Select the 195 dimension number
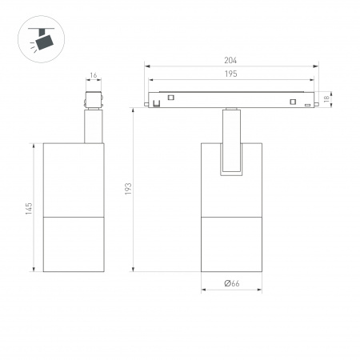[230, 74]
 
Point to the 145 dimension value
[29, 207]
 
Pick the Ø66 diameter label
[232, 283]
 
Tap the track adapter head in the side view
[94, 100]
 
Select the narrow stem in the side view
[94, 126]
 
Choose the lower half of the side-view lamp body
[73, 244]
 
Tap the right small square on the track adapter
[294, 102]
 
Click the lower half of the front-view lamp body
[232, 244]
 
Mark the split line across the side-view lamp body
[73, 216]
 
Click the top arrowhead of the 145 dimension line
[34, 146]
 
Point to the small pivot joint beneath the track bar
[231, 110]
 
